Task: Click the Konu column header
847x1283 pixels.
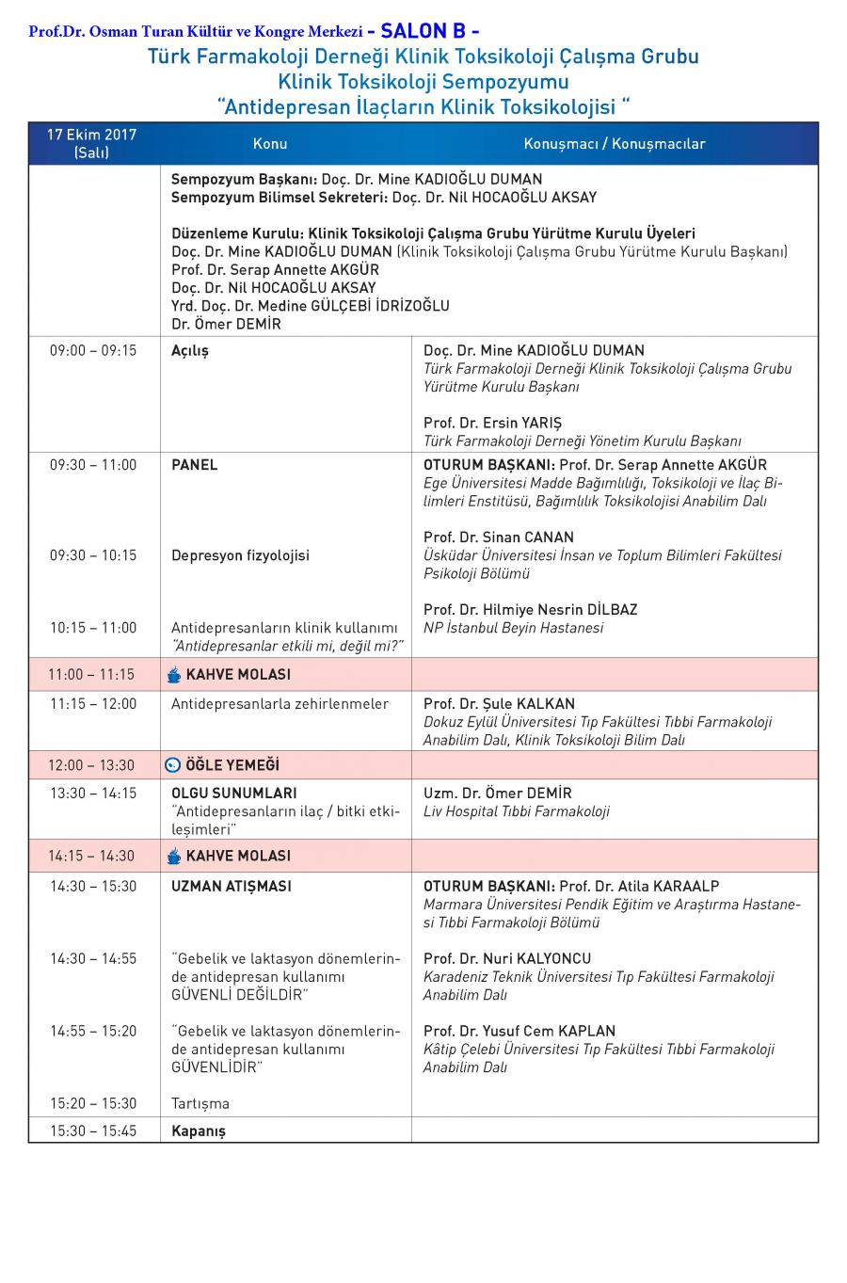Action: click(270, 144)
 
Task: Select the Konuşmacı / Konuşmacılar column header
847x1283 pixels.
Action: click(615, 144)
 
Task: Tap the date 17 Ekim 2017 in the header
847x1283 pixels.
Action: click(92, 135)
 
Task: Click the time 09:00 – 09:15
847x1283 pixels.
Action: click(93, 350)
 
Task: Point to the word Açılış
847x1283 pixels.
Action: click(190, 350)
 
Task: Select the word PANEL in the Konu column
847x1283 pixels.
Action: click(194, 464)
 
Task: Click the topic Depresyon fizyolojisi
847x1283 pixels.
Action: click(240, 555)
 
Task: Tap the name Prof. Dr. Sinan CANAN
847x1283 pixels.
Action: click(498, 537)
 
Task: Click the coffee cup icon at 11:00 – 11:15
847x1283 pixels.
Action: click(173, 674)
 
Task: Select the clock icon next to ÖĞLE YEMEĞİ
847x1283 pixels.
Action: click(173, 765)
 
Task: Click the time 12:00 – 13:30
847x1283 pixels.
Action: click(92, 765)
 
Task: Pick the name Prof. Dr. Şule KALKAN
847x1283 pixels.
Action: click(499, 703)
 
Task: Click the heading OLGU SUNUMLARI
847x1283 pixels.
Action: click(233, 793)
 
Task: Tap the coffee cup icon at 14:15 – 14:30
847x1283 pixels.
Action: click(173, 856)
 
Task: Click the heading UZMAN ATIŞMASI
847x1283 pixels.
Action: click(232, 886)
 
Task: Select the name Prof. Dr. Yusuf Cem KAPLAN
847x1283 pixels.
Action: click(520, 1031)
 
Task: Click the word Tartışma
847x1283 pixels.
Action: click(200, 1103)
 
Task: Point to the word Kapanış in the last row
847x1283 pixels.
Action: click(199, 1131)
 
